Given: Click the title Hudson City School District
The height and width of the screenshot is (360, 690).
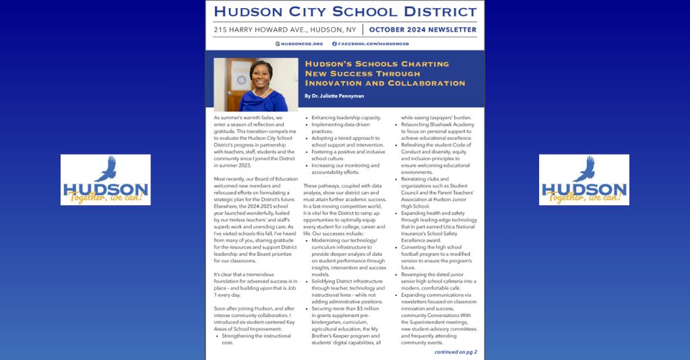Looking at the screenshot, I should [x=345, y=11].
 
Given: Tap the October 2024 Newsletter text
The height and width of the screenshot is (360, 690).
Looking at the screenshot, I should [x=422, y=30].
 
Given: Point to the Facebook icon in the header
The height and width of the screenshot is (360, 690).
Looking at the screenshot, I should [x=334, y=44].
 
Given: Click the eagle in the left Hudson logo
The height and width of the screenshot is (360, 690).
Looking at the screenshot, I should [x=106, y=169].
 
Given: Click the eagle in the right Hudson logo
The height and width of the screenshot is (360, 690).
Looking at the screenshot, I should [x=586, y=169].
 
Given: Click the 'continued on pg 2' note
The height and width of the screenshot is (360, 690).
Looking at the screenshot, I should [x=456, y=351].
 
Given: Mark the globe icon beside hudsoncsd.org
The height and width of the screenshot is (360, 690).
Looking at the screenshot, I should [x=278, y=44].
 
